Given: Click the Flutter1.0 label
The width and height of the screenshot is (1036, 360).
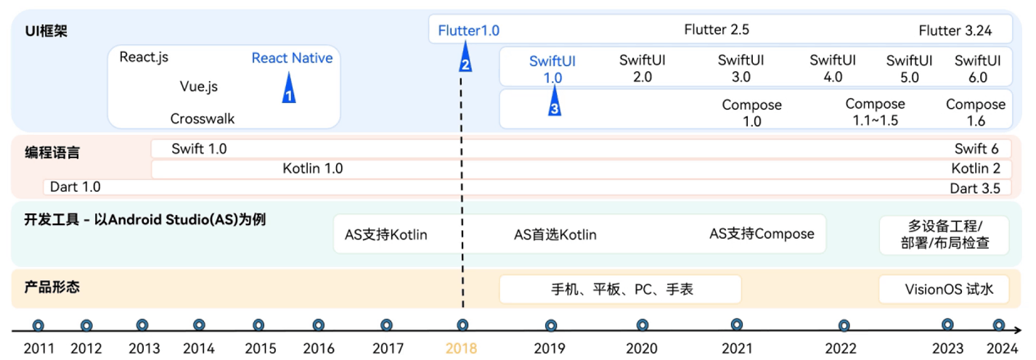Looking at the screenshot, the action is (468, 30).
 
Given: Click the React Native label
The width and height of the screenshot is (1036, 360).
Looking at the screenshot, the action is (292, 58).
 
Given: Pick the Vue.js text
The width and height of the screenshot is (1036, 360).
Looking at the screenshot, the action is (198, 86).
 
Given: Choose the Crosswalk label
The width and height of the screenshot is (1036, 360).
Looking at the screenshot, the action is (203, 118).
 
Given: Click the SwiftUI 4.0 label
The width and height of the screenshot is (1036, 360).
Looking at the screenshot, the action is (833, 68).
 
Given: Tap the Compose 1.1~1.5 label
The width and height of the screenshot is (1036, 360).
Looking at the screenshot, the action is (875, 112).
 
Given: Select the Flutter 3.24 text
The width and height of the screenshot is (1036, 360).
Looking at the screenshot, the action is (955, 30).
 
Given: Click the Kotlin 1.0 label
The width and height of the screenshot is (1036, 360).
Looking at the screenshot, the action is (312, 169).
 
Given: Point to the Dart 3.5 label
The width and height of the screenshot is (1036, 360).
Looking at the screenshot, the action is (975, 188).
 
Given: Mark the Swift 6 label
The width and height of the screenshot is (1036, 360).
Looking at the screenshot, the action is (976, 150).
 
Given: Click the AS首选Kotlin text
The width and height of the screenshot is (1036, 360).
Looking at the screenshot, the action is (555, 234).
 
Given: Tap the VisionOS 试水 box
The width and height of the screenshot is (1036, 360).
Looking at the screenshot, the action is (944, 290).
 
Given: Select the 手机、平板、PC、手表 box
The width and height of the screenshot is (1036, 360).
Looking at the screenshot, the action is (620, 290).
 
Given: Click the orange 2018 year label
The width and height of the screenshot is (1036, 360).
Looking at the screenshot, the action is (461, 348).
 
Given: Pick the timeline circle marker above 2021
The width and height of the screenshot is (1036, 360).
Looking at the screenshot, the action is (737, 325).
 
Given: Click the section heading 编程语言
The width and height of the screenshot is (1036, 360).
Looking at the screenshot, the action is (52, 153).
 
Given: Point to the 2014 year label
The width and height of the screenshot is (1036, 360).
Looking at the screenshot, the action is (199, 348).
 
